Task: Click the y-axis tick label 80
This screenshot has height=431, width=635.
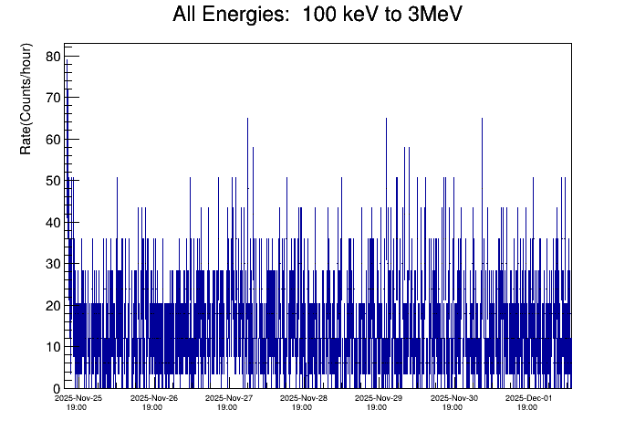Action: coord(52,57)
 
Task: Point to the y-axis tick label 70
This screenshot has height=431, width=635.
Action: coord(52,98)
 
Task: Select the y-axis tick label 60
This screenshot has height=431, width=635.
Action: coord(52,140)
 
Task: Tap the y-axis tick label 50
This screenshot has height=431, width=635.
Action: coord(52,181)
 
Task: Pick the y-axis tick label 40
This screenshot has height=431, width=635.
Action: coord(52,223)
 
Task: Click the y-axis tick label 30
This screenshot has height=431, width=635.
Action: coord(52,264)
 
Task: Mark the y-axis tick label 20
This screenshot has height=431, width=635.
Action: coord(52,306)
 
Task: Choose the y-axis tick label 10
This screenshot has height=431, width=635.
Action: coord(52,347)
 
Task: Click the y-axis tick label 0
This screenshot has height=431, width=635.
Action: coord(56,389)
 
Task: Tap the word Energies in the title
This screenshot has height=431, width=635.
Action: coord(245,16)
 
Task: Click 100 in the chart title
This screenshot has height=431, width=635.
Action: coord(319,16)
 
